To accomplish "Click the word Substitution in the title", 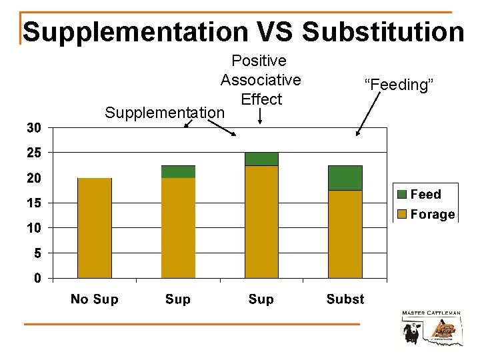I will (x=383, y=31).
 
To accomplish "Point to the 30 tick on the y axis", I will (x=34, y=127).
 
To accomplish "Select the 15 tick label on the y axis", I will (x=34, y=203).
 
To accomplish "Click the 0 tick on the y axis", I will (x=38, y=278).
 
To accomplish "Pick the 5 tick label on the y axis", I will (x=38, y=253).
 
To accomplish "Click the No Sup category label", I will (x=94, y=299).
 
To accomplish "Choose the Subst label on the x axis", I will (x=345, y=299).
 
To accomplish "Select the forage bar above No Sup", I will (x=95, y=228).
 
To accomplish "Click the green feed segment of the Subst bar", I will (x=345, y=178).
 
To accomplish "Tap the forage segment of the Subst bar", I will (x=345, y=233).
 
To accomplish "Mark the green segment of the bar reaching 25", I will (x=261, y=159).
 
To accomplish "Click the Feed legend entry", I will (x=425, y=194).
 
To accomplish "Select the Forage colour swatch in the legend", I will (x=402, y=215).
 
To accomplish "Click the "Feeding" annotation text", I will (x=399, y=85).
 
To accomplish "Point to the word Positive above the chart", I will (x=259, y=61).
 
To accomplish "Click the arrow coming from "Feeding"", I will (x=369, y=113).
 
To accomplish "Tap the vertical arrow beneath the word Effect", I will (x=259, y=117).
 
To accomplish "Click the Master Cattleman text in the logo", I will (x=431, y=313).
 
